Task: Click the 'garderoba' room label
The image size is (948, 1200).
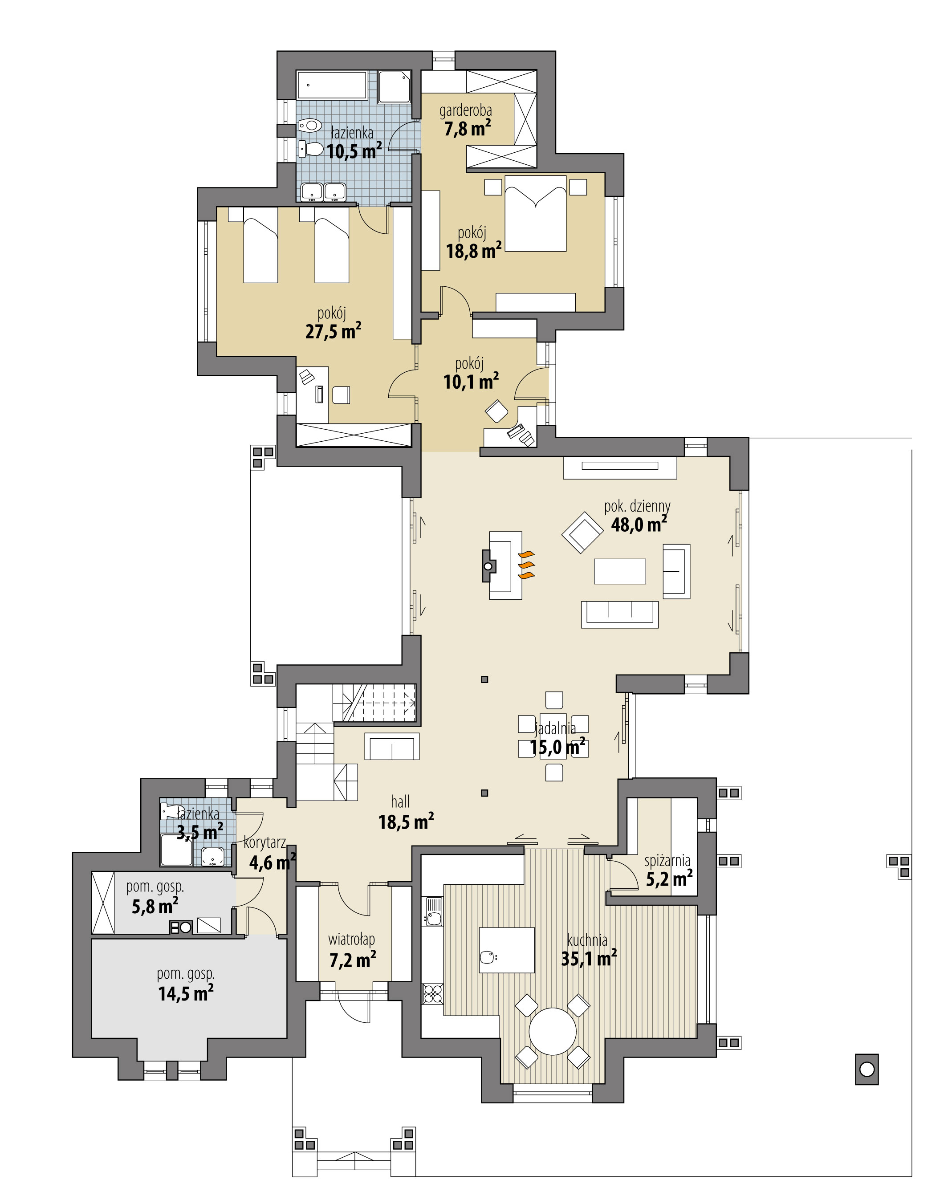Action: (465, 111)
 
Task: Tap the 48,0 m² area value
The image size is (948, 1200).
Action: (638, 525)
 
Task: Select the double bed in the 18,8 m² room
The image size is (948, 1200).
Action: (535, 214)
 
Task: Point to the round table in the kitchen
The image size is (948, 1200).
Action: (552, 1031)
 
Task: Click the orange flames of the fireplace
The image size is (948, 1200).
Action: (527, 565)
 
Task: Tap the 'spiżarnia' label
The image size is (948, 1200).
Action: (667, 861)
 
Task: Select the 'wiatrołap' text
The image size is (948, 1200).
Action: (351, 940)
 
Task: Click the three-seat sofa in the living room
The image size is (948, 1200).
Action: (619, 614)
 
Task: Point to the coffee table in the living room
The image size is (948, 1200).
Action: (619, 571)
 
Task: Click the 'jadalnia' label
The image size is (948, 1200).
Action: (555, 728)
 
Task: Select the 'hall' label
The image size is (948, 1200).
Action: (400, 801)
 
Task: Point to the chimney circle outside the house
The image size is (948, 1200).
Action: (867, 1069)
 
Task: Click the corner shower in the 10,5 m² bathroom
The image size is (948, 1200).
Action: (395, 87)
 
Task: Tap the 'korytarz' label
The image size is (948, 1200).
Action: (265, 842)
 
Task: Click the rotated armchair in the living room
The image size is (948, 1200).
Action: (582, 532)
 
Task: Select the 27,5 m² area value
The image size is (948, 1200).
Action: (333, 332)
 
